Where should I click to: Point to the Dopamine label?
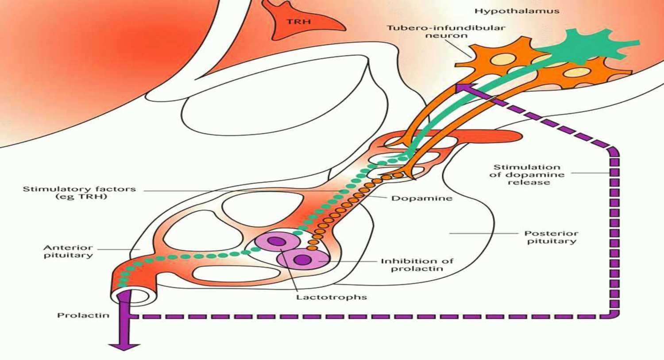[x=422, y=198]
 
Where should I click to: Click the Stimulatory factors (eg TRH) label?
[x=79, y=193]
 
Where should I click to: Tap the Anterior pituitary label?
[x=68, y=251]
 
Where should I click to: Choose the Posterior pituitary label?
[x=551, y=237]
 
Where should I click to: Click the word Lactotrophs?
[x=332, y=297]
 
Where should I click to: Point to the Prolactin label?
[x=83, y=315]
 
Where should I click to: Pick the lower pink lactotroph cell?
[x=303, y=259]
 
